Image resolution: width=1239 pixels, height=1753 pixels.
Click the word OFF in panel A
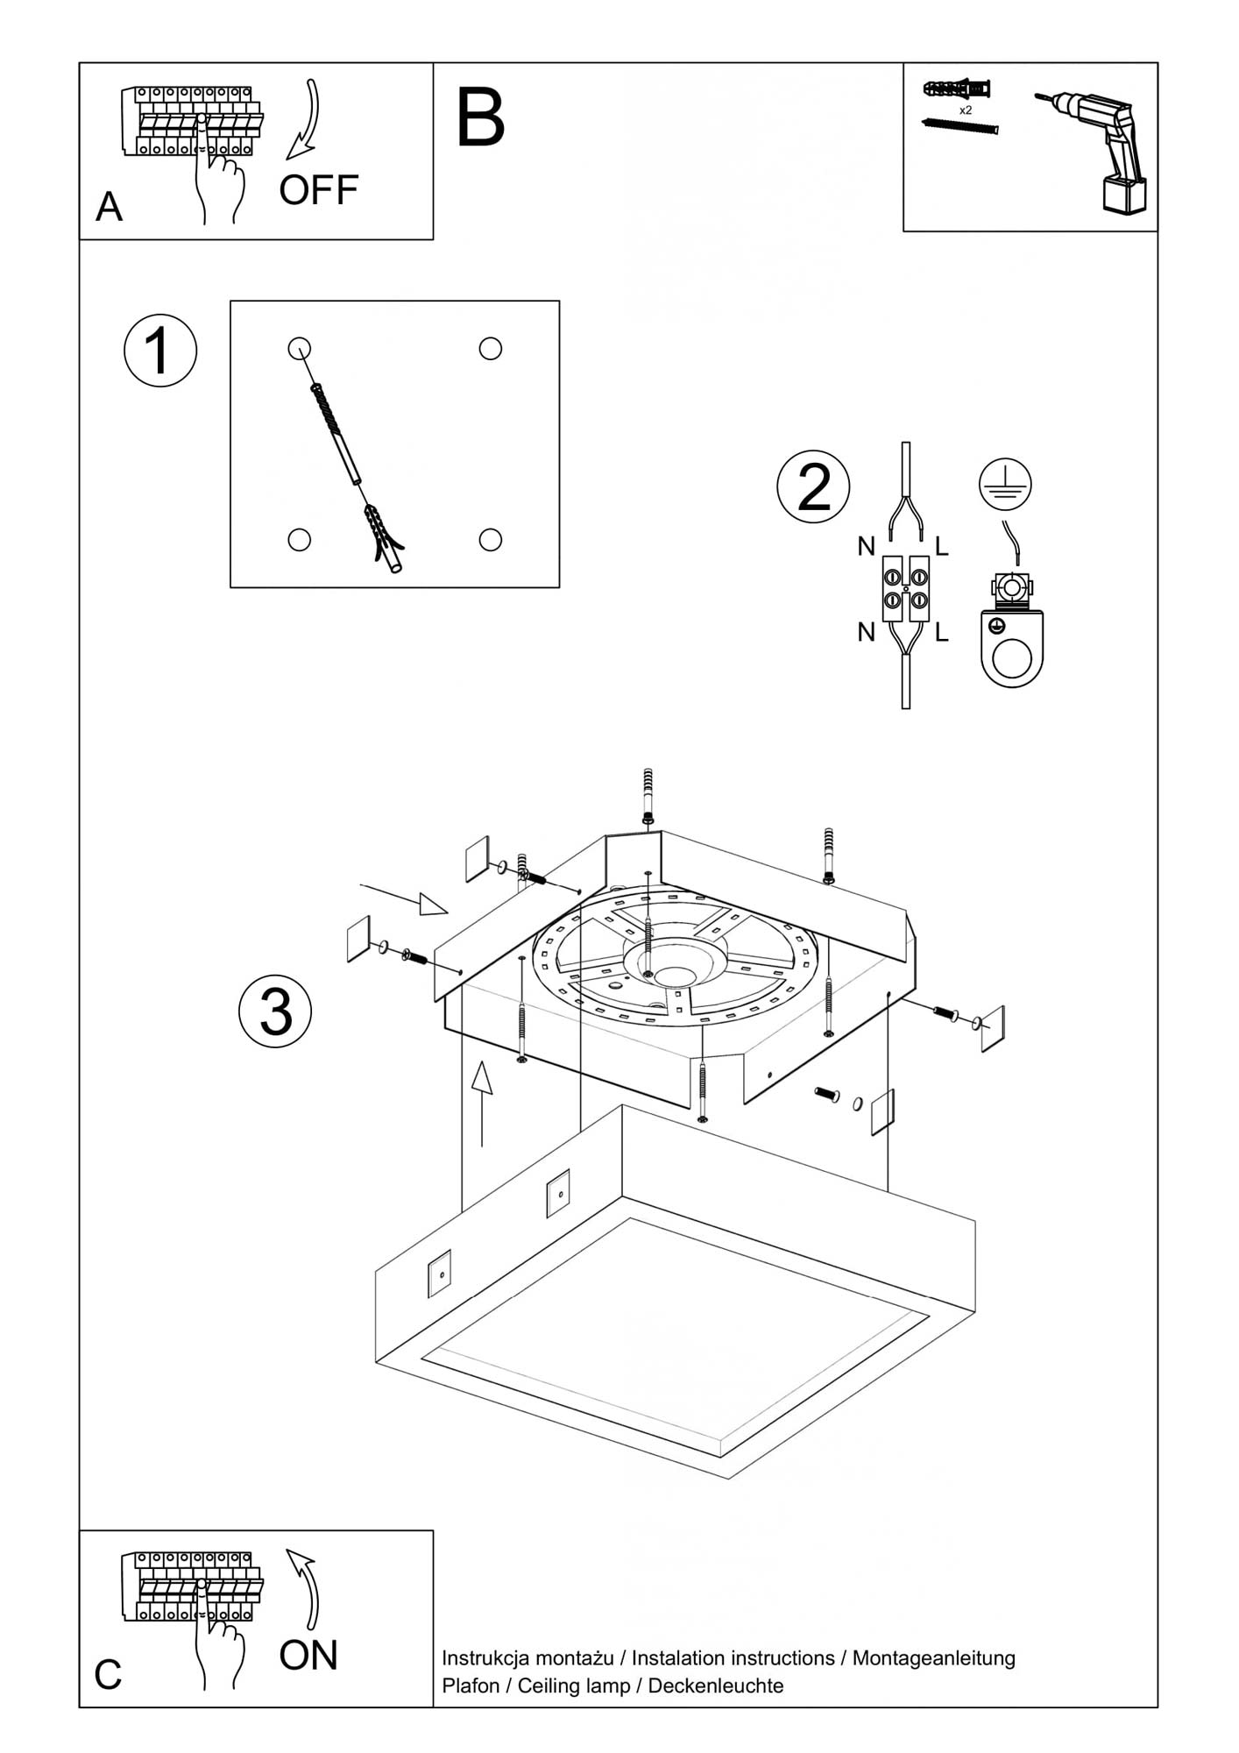(318, 190)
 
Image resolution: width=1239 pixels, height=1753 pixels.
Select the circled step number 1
(159, 351)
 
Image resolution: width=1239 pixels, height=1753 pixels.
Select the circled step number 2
(813, 487)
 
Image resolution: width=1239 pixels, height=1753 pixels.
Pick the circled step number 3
(275, 1011)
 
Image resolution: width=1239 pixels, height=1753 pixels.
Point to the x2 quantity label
(966, 110)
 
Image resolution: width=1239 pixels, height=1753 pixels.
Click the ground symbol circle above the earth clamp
(1005, 484)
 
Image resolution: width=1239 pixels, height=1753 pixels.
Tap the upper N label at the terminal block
(866, 547)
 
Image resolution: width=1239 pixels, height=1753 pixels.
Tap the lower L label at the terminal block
(942, 632)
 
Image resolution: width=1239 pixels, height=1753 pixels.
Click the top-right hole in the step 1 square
(490, 349)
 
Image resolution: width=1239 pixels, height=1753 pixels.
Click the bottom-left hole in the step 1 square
(299, 539)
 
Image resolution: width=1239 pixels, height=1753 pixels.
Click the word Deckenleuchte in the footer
(715, 1686)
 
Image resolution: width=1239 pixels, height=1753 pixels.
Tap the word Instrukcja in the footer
(483, 1658)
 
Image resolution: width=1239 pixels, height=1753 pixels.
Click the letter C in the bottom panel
(108, 1675)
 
